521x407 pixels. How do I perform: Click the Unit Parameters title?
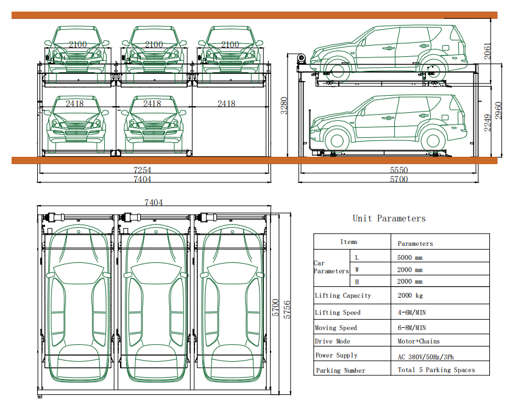(x=389, y=218)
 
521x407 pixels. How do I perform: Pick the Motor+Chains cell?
(x=418, y=341)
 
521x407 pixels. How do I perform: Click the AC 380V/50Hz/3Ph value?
(x=425, y=356)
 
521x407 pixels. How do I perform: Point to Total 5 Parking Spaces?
(x=436, y=370)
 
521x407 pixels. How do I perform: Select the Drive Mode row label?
(x=333, y=341)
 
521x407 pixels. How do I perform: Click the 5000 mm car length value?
(x=409, y=258)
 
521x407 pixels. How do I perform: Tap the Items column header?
(x=349, y=242)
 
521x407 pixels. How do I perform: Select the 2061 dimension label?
(x=487, y=51)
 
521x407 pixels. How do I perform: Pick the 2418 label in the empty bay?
(x=226, y=104)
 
